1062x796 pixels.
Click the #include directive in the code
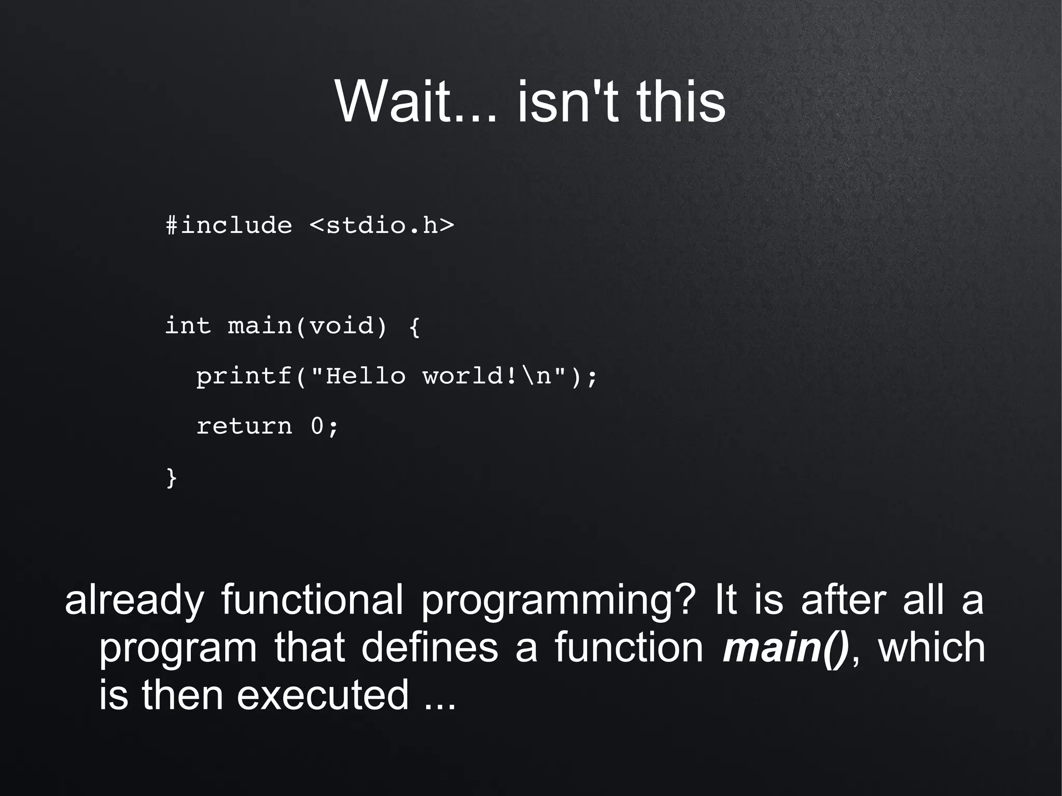click(229, 226)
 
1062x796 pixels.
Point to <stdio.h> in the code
click(382, 226)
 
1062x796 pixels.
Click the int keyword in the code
click(188, 326)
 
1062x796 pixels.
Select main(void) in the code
click(308, 326)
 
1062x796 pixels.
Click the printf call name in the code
click(244, 376)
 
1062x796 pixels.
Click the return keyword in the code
click(244, 426)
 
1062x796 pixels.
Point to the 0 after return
click(317, 426)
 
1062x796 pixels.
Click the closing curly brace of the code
click(172, 477)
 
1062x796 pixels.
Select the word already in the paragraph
click(134, 601)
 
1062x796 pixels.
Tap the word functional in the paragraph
click(312, 599)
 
